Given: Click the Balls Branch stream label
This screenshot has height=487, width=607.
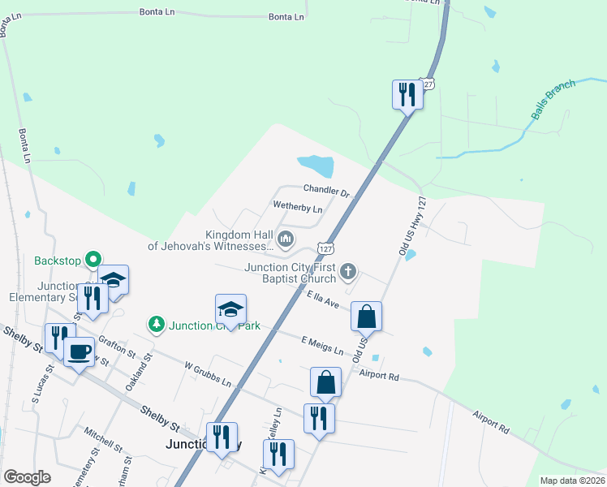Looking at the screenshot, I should click(553, 100).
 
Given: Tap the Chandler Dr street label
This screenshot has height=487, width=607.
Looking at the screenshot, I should click(326, 192).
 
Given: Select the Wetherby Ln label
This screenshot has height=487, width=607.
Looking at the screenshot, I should click(298, 208).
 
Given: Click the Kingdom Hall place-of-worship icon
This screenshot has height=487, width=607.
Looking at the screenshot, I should click(286, 239).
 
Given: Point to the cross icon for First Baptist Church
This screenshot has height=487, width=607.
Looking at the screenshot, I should click(348, 270).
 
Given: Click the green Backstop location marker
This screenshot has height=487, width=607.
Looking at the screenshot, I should click(93, 260).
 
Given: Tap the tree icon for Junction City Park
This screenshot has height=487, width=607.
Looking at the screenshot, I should click(157, 324).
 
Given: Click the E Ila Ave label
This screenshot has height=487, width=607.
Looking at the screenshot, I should click(322, 300).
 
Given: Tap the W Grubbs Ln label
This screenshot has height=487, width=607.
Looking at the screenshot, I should click(208, 374).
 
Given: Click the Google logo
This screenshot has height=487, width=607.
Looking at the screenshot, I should click(28, 477).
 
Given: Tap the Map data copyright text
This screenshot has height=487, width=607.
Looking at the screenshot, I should click(571, 481).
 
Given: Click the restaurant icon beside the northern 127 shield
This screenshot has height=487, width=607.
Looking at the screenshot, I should click(407, 94).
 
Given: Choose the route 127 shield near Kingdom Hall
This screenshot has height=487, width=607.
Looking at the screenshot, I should click(325, 247).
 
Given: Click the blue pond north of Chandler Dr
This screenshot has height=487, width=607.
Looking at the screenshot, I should click(316, 166).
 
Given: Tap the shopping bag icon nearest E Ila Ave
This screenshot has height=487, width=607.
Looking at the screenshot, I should click(366, 316).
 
